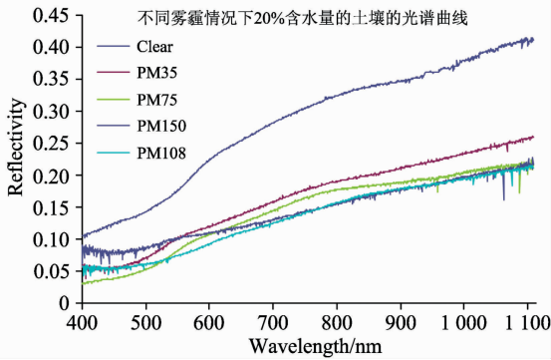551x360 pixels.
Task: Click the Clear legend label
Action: pyautogui.click(x=154, y=47)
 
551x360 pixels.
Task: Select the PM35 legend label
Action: pyautogui.click(x=156, y=73)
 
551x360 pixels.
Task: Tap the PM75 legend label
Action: pyautogui.click(x=156, y=100)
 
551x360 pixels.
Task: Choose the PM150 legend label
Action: pyautogui.click(x=161, y=127)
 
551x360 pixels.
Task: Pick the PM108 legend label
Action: pyautogui.click(x=161, y=153)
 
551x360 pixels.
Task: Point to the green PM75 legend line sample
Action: pyautogui.click(x=114, y=100)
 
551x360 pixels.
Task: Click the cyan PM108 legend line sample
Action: pyautogui.click(x=114, y=153)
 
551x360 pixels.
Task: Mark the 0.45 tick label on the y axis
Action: pyautogui.click(x=51, y=16)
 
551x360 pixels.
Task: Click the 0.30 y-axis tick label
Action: pyautogui.click(x=51, y=112)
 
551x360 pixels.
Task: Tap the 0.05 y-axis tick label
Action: pyautogui.click(x=51, y=271)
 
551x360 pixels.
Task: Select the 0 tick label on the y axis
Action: pyautogui.click(x=64, y=303)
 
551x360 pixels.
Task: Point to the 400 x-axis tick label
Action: pyautogui.click(x=82, y=322)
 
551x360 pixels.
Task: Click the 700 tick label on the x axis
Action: pyautogui.click(x=273, y=322)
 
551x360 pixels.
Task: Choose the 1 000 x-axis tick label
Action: pyautogui.click(x=463, y=322)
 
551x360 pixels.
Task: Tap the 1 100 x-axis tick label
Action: pyautogui.click(x=527, y=322)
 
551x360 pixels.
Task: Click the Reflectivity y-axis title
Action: pyautogui.click(x=16, y=147)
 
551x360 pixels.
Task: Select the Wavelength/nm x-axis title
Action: pyautogui.click(x=315, y=346)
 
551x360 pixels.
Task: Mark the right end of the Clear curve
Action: pyautogui.click(x=534, y=39)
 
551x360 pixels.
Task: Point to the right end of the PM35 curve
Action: pyautogui.click(x=534, y=137)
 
